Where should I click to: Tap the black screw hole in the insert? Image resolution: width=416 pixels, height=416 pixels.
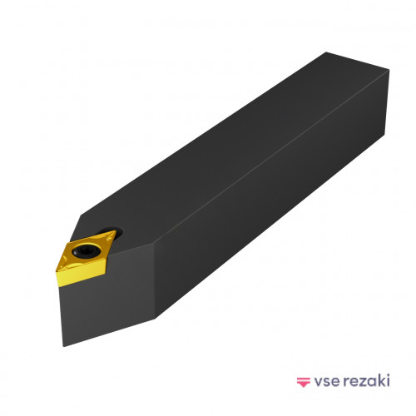(x=86, y=250)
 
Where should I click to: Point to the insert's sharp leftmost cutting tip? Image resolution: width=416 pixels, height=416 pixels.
(x=56, y=273)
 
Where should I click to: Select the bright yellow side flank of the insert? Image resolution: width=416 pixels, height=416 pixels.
(x=81, y=276)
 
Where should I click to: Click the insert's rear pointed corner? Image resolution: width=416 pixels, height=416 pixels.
(x=115, y=231)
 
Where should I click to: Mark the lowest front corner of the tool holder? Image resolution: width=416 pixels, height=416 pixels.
(x=63, y=346)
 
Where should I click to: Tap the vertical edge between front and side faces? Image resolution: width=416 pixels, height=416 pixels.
(x=154, y=282)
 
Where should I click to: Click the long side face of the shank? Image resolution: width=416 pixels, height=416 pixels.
(x=270, y=194)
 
